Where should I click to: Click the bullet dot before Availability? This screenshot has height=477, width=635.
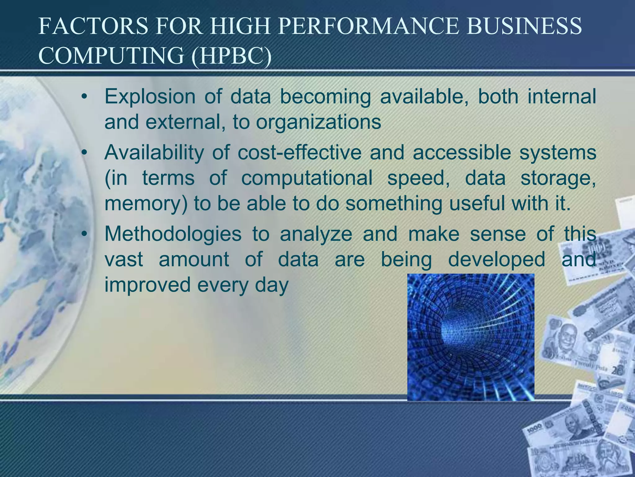pyautogui.click(x=83, y=153)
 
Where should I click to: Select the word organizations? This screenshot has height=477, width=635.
pyautogui.click(x=318, y=122)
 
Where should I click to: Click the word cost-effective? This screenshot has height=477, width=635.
pyautogui.click(x=300, y=152)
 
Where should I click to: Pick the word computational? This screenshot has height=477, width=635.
pyautogui.click(x=307, y=178)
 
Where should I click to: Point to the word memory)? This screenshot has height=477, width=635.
pyautogui.click(x=146, y=203)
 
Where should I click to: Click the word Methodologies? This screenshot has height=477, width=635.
pyautogui.click(x=173, y=234)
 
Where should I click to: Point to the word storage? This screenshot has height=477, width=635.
pyautogui.click(x=558, y=178)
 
